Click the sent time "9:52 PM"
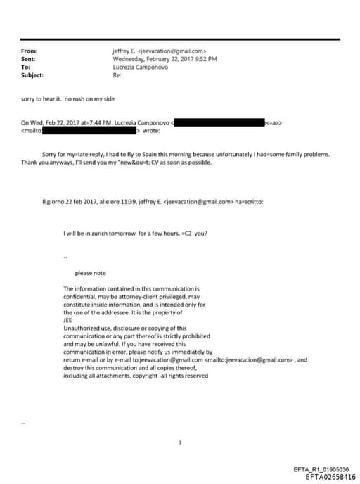tap(205, 59)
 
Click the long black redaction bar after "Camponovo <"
tap(219, 122)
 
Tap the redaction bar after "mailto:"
tap(91, 130)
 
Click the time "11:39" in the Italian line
tap(135, 202)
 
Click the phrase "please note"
tap(90, 273)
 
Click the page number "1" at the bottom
tap(181, 442)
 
